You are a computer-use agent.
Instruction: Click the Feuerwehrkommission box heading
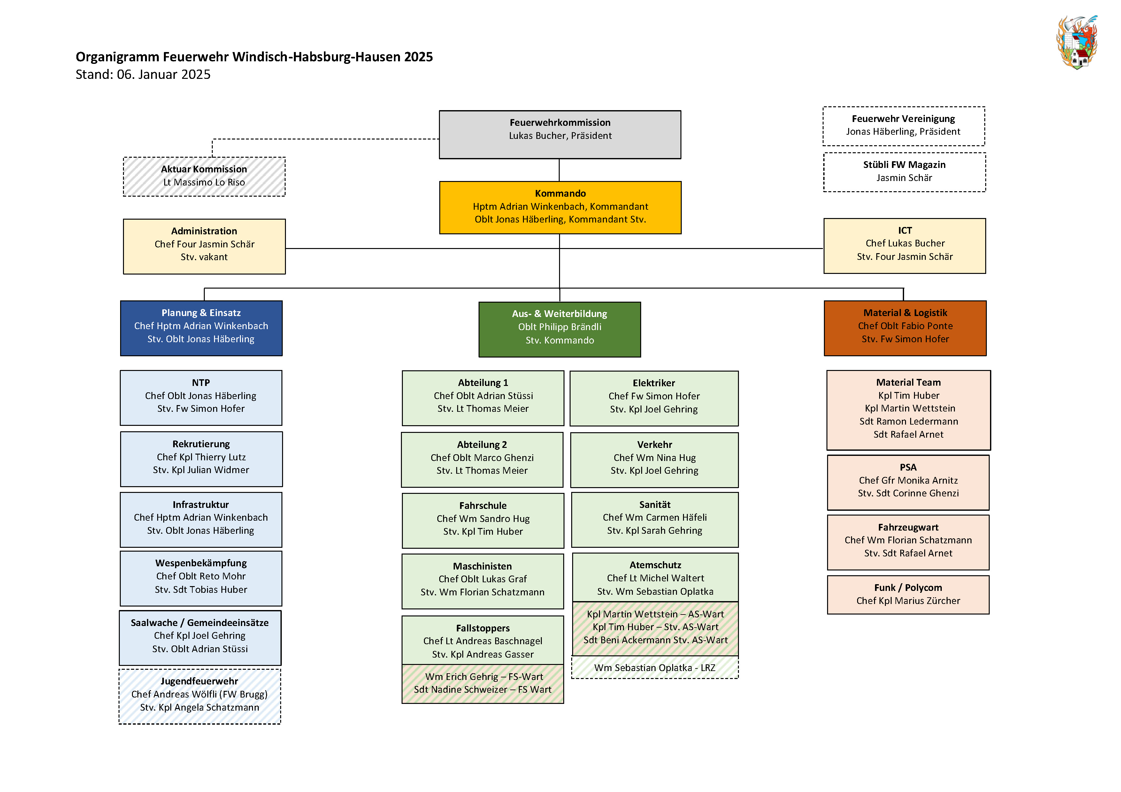(x=560, y=123)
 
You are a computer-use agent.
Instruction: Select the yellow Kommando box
(x=560, y=207)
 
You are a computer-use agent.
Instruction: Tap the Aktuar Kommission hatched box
(x=204, y=176)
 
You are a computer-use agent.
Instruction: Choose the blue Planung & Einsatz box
(x=201, y=328)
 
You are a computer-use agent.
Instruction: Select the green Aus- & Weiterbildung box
(x=559, y=329)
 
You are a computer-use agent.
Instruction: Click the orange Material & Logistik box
(x=905, y=328)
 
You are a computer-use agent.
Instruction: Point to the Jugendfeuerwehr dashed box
(x=200, y=696)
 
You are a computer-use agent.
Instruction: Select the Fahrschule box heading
(x=482, y=506)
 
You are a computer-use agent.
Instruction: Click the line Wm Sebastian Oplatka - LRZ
(x=654, y=668)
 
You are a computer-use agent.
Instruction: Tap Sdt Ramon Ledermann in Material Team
(x=908, y=421)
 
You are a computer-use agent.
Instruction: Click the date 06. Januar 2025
(x=164, y=75)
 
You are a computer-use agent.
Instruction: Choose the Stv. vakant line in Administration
(x=204, y=257)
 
